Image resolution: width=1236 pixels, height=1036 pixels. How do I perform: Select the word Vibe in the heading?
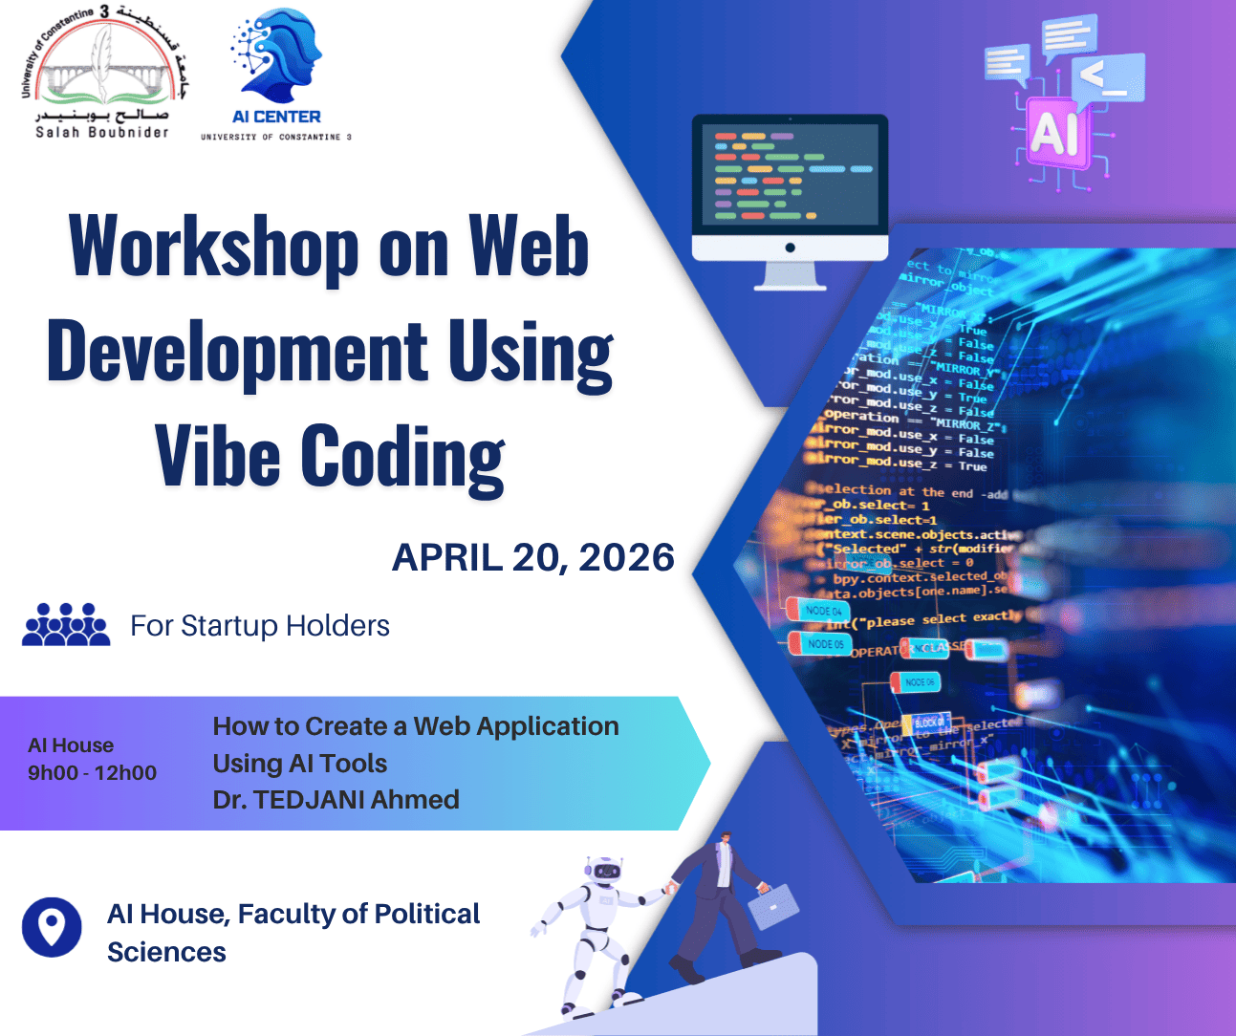pos(218,455)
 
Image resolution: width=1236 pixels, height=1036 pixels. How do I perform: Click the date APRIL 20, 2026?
pos(533,557)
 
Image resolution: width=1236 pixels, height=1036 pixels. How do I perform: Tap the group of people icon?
pos(66,625)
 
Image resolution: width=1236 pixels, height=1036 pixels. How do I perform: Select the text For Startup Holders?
pos(260,626)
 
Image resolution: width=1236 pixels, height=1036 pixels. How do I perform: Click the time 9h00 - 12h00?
pos(92,772)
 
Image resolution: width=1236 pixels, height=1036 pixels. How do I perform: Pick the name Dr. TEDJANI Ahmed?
pos(336,799)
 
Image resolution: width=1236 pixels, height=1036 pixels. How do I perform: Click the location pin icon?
pos(52,926)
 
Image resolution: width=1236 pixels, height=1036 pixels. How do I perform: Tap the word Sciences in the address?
pos(166,952)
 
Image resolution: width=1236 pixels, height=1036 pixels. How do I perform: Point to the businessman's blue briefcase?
pos(773,905)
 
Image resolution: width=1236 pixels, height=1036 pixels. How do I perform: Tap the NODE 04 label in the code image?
pos(820,610)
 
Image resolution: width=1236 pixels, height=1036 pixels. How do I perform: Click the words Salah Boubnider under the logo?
pos(102,132)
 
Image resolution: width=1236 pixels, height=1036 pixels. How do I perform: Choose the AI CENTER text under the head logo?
pos(276,117)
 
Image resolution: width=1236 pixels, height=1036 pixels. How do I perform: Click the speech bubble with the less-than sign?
pos(1108,76)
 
